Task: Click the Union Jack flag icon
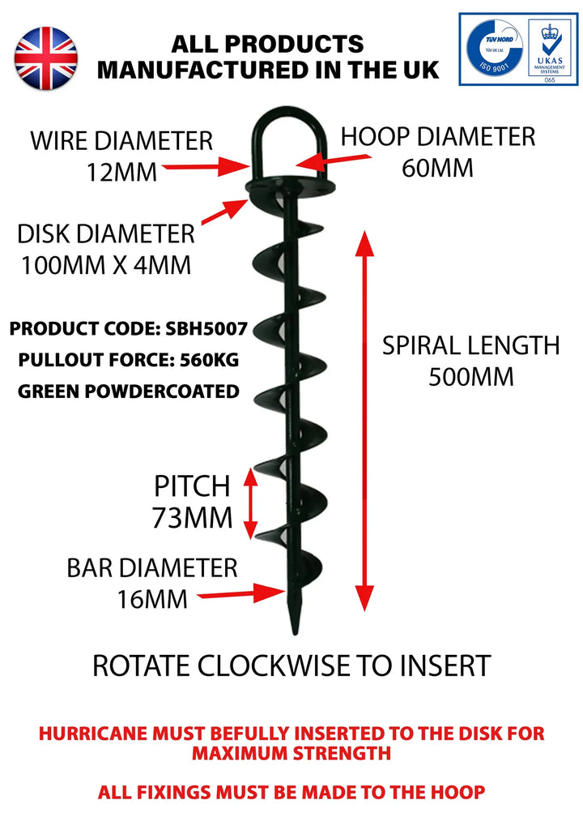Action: (x=47, y=57)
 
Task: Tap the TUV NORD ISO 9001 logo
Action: (x=492, y=49)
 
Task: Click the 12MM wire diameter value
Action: (x=121, y=172)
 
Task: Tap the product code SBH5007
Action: (x=207, y=330)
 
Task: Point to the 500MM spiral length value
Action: (x=470, y=378)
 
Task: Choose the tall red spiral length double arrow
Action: (x=366, y=421)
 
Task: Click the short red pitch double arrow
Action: (x=251, y=503)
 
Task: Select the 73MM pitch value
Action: (x=192, y=517)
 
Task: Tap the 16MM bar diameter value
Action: (x=153, y=599)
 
